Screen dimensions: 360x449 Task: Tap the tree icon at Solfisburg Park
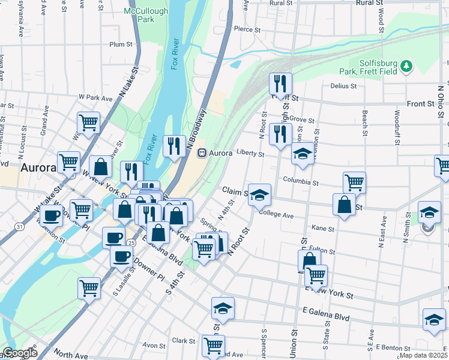pos(406,65)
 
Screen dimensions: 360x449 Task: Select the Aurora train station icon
pos(202,153)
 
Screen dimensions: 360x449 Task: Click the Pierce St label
pos(247,29)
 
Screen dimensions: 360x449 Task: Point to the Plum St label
pos(121,44)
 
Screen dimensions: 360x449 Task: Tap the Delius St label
pos(343,86)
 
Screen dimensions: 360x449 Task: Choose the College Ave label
pos(276,214)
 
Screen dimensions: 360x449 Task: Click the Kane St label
pos(323,229)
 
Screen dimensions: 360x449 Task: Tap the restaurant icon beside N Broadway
pos(173,146)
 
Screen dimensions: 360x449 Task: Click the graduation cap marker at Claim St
pos(259,194)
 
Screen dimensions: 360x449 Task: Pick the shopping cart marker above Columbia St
pos(354,182)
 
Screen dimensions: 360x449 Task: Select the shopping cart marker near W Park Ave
pos(89,122)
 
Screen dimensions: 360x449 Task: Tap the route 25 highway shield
pos(130,242)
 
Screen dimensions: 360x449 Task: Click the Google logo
pos(19,353)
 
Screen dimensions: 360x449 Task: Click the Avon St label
pos(154,346)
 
